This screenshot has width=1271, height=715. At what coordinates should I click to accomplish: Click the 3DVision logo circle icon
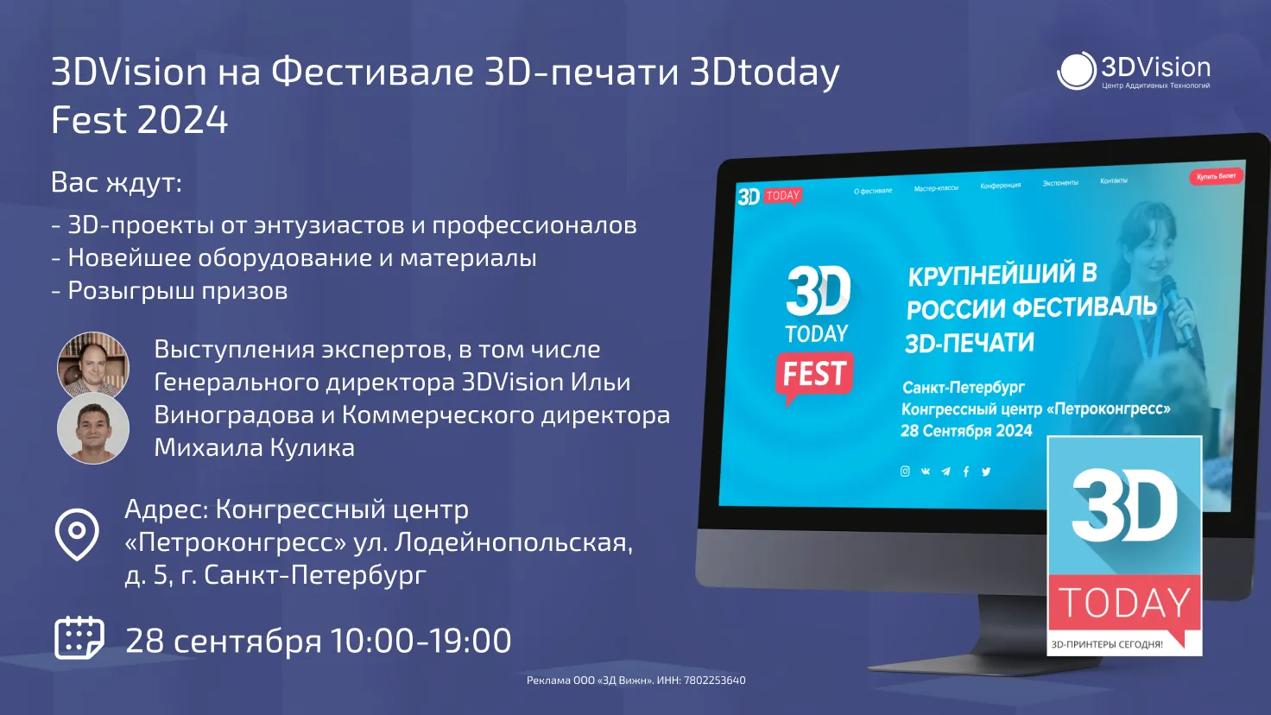(x=1077, y=71)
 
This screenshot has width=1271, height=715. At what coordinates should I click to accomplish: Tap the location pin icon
(x=77, y=534)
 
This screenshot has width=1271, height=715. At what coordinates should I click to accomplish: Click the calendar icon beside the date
(x=79, y=638)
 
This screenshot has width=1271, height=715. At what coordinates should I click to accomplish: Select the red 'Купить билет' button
(x=1216, y=176)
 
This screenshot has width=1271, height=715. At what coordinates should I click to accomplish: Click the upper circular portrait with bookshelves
(x=93, y=365)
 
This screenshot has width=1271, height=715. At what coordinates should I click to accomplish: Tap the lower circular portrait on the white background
(x=93, y=428)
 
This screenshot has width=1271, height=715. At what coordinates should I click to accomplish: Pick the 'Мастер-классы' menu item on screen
(x=936, y=188)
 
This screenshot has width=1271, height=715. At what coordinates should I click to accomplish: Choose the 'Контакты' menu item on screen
(x=1114, y=181)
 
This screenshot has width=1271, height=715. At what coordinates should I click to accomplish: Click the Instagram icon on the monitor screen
(x=905, y=471)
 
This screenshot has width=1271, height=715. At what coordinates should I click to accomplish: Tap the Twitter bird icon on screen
(x=986, y=471)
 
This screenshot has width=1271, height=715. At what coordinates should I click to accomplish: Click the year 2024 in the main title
(x=183, y=120)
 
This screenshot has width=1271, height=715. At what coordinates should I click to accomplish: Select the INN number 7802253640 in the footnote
(x=714, y=680)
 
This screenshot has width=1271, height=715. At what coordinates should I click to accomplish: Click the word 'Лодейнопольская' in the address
(x=514, y=542)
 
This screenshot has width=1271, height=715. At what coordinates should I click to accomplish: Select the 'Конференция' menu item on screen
(x=1001, y=186)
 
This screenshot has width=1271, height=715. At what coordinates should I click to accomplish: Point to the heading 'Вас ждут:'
(x=117, y=183)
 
